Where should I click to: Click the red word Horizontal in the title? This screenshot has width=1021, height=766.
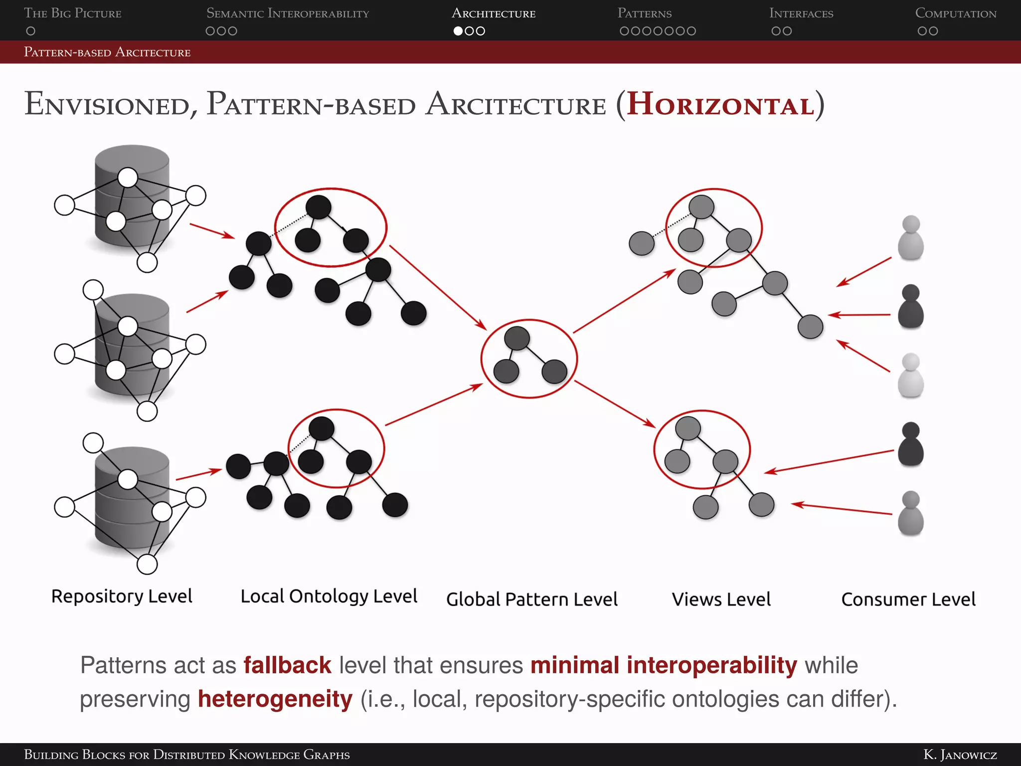tap(720, 105)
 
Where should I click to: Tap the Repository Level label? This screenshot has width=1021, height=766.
tap(122, 596)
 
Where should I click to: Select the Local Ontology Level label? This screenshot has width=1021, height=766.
tap(329, 596)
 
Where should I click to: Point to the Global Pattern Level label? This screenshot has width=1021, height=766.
tap(531, 599)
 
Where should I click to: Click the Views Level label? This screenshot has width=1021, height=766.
tap(721, 599)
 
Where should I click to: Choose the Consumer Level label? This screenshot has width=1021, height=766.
tap(908, 599)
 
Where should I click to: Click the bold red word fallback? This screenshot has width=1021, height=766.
tap(287, 665)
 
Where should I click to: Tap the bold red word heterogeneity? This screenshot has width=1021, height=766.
tap(275, 699)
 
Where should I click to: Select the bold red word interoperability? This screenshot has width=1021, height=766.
tap(712, 665)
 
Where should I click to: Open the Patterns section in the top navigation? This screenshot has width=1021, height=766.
tap(645, 13)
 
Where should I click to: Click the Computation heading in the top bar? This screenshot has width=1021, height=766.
tap(956, 13)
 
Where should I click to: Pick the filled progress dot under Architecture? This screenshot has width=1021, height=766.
tap(458, 31)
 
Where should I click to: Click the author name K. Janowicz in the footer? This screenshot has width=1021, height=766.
tap(960, 755)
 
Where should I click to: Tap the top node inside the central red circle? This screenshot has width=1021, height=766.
tap(517, 339)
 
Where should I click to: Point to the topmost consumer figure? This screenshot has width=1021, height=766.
tap(911, 238)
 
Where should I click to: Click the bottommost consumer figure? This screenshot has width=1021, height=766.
tap(911, 513)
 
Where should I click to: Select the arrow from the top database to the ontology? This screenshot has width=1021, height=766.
tap(212, 231)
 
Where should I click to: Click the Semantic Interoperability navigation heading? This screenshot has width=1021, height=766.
tap(288, 13)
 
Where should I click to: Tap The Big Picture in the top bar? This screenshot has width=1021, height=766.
tap(73, 13)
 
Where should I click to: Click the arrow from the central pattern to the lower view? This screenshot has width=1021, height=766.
tap(615, 404)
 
